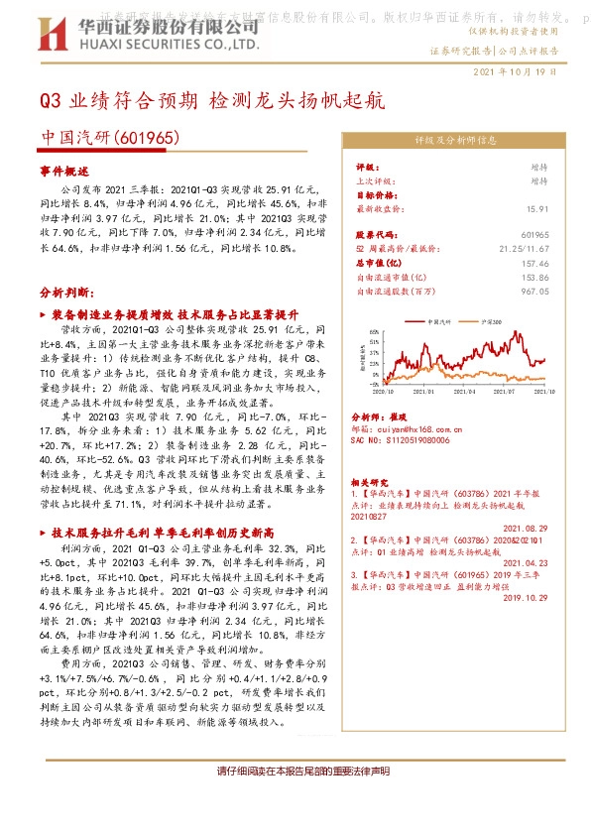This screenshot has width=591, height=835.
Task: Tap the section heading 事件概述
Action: (64, 171)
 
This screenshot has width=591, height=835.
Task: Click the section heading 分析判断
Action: (65, 295)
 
